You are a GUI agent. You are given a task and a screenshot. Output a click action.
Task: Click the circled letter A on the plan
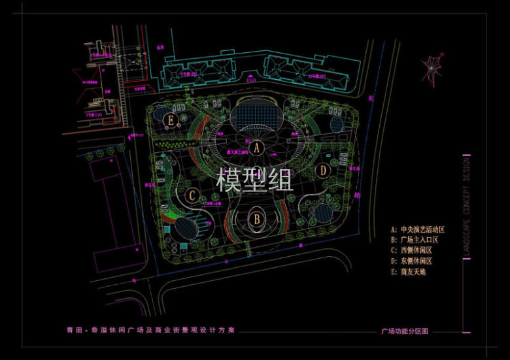(257, 148)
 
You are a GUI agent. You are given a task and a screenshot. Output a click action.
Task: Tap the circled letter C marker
(192, 195)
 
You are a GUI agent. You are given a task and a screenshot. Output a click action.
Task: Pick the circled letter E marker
(171, 120)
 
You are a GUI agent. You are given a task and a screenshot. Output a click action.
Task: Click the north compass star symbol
(432, 68)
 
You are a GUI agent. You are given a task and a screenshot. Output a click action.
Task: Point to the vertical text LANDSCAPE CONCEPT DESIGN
(466, 206)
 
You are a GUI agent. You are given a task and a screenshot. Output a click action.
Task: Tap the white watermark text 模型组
(256, 180)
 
